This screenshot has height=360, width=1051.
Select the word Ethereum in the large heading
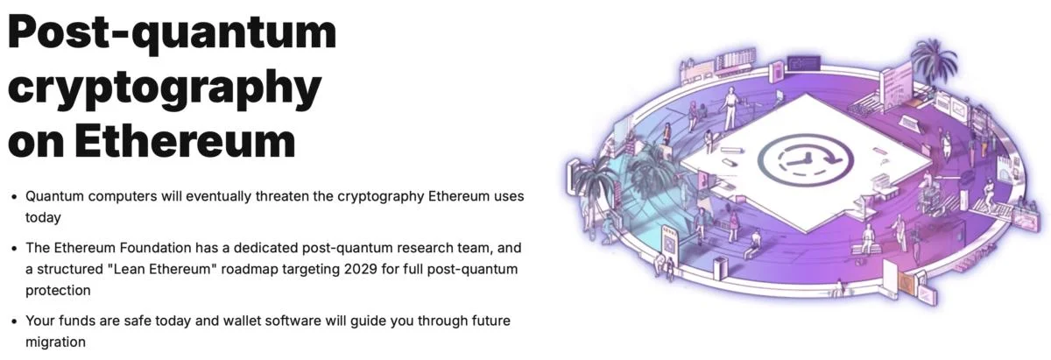tap(186, 140)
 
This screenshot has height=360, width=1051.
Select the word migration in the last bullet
tap(55, 342)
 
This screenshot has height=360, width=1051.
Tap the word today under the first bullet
tap(43, 218)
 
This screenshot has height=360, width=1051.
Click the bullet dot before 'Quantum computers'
tap(15, 197)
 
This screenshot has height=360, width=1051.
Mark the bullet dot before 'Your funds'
tap(15, 321)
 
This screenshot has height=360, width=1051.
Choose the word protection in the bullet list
tap(58, 291)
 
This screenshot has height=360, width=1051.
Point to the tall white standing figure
tap(730, 109)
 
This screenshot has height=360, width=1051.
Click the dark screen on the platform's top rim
tap(803, 62)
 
